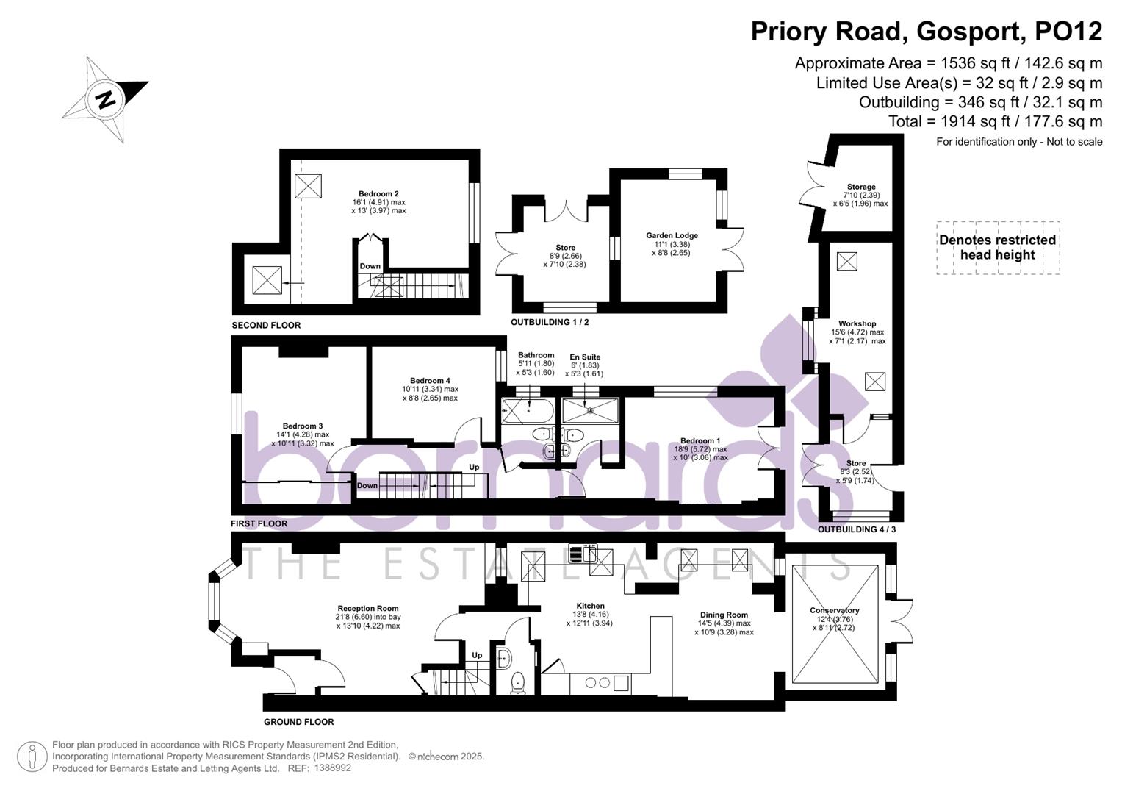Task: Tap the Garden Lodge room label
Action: pyautogui.click(x=672, y=236)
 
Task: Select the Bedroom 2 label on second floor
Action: pyautogui.click(x=378, y=194)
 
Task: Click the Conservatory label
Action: pyautogui.click(x=834, y=611)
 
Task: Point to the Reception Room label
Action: pyautogui.click(x=368, y=609)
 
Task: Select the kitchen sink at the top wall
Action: pyautogui.click(x=583, y=552)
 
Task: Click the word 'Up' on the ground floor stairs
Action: pyautogui.click(x=477, y=655)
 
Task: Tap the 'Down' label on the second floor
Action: pyautogui.click(x=370, y=266)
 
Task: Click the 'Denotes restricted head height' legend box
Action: pyautogui.click(x=997, y=248)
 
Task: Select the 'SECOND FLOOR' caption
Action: pyautogui.click(x=266, y=325)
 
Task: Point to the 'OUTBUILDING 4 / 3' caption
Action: pyautogui.click(x=857, y=529)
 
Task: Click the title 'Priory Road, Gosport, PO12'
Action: pyautogui.click(x=926, y=32)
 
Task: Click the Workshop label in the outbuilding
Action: pyautogui.click(x=857, y=323)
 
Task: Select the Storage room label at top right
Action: pyautogui.click(x=860, y=187)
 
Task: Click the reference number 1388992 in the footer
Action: pyautogui.click(x=333, y=768)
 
